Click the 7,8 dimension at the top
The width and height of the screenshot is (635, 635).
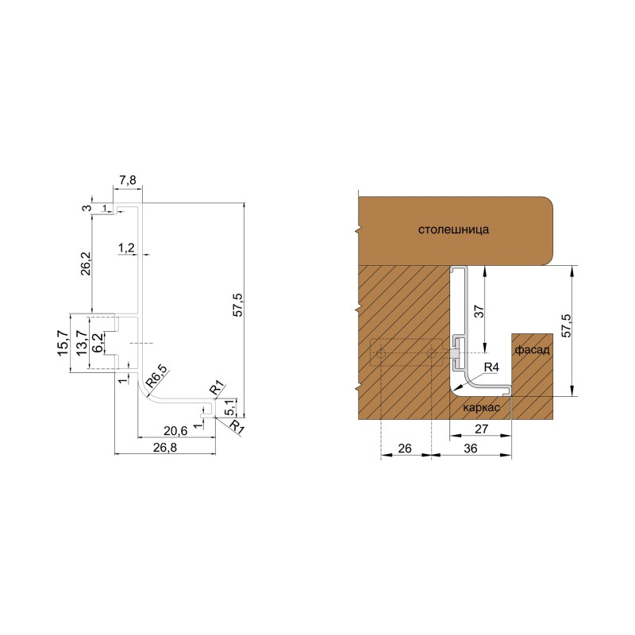[x=128, y=180]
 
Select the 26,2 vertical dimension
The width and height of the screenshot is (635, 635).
[x=86, y=264]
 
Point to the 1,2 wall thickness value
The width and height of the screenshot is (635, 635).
[x=126, y=248]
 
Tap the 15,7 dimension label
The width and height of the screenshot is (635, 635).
[x=64, y=343]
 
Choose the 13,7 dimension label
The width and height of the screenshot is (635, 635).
[x=82, y=343]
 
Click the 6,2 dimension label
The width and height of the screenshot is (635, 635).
[x=97, y=343]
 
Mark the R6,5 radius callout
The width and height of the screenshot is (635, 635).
[x=156, y=375]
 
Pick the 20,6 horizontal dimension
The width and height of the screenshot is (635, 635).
[x=175, y=431]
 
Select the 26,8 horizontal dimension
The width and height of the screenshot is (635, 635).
[x=165, y=448]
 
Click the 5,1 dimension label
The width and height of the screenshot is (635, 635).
[x=229, y=407]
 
